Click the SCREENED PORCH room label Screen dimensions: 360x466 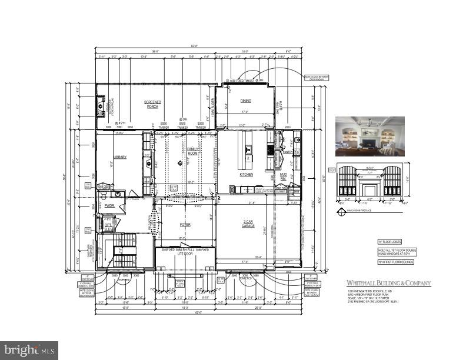[153, 104]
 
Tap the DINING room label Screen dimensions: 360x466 [245, 101]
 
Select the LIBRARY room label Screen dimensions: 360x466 [120, 157]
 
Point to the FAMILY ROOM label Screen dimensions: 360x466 [192, 151]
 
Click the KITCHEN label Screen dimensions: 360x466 [246, 175]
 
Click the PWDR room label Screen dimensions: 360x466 [109, 206]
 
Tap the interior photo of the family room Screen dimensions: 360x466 [370, 136]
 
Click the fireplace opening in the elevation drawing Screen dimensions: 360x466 [369, 191]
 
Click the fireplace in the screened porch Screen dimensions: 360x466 [101, 107]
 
